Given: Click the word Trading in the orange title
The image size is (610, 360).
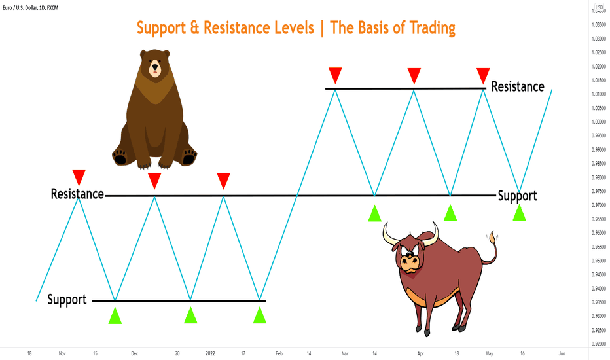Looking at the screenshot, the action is pyautogui.click(x=432, y=28).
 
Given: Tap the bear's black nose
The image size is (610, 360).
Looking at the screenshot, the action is pyautogui.click(x=155, y=66).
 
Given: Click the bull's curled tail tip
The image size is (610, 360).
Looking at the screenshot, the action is pyautogui.click(x=493, y=236).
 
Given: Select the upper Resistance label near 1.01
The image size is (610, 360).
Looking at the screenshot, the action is pyautogui.click(x=518, y=86).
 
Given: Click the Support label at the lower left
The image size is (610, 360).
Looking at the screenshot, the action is pyautogui.click(x=67, y=300).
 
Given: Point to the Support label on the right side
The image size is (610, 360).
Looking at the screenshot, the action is pyautogui.click(x=518, y=196).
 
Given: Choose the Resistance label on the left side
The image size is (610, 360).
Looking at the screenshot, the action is pyautogui.click(x=77, y=194).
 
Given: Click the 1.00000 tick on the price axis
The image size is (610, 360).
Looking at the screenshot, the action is pyautogui.click(x=599, y=122).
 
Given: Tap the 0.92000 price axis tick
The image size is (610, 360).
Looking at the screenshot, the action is pyautogui.click(x=599, y=344).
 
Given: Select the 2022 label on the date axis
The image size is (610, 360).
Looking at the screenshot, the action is pyautogui.click(x=210, y=353).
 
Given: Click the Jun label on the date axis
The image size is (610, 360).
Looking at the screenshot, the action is pyautogui.click(x=562, y=353).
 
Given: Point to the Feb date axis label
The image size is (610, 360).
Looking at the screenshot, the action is pyautogui.click(x=279, y=353).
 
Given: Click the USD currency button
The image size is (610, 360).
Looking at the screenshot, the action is pyautogui.click(x=599, y=7).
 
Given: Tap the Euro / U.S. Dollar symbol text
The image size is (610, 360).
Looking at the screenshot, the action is pyautogui.click(x=20, y=7).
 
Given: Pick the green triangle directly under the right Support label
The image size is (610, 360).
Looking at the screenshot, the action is pyautogui.click(x=520, y=213).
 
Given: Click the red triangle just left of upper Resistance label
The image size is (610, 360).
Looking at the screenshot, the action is pyautogui.click(x=483, y=76).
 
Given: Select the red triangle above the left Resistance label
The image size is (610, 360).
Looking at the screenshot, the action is pyautogui.click(x=79, y=177).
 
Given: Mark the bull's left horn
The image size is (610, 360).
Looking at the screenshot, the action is pyautogui.click(x=390, y=235).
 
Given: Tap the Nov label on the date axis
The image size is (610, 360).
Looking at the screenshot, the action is pyautogui.click(x=62, y=353).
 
